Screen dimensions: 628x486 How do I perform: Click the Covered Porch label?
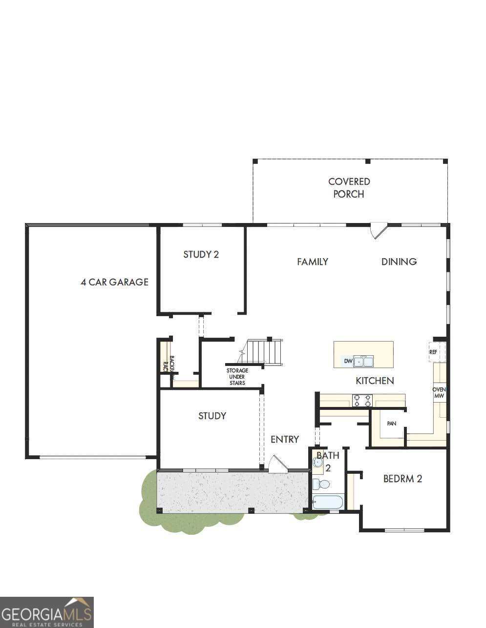tap(349, 188)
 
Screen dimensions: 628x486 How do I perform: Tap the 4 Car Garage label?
tap(114, 282)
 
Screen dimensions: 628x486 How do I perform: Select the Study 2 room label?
tap(201, 254)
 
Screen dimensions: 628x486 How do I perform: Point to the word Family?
tap(313, 262)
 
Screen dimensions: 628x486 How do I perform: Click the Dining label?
tap(399, 262)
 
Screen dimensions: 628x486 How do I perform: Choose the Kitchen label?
tap(375, 381)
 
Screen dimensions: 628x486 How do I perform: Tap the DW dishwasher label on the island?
tap(348, 361)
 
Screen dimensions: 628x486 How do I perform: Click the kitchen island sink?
tap(363, 362)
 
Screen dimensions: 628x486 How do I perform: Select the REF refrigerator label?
tap(433, 352)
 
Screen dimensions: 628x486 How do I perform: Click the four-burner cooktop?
tap(362, 401)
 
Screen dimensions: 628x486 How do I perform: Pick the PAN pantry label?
tap(391, 424)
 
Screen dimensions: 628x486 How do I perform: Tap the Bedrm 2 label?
tap(402, 479)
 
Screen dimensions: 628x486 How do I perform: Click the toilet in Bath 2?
tap(322, 484)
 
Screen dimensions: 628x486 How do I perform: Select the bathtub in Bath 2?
tap(328, 502)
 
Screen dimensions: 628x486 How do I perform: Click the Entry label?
tap(285, 439)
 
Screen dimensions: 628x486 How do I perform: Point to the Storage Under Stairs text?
tap(237, 377)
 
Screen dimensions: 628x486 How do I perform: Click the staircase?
tap(264, 352)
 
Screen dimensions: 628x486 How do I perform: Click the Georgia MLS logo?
tap(47, 612)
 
